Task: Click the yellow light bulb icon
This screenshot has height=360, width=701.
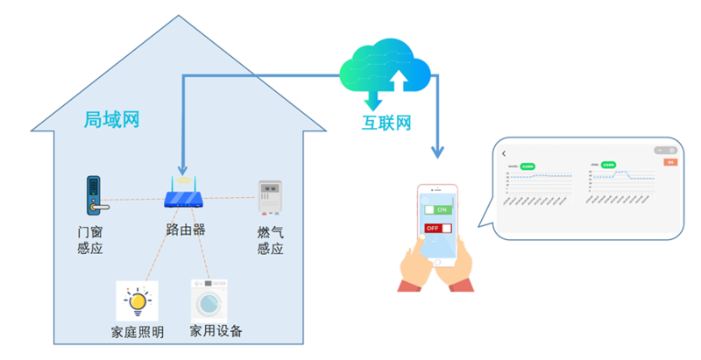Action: pyautogui.click(x=137, y=300)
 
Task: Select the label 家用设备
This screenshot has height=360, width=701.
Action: pyautogui.click(x=216, y=332)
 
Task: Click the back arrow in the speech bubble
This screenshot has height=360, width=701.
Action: pyautogui.click(x=505, y=154)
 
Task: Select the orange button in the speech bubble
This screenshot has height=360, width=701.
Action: pyautogui.click(x=671, y=162)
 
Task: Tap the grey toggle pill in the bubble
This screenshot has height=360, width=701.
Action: pyautogui.click(x=666, y=151)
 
